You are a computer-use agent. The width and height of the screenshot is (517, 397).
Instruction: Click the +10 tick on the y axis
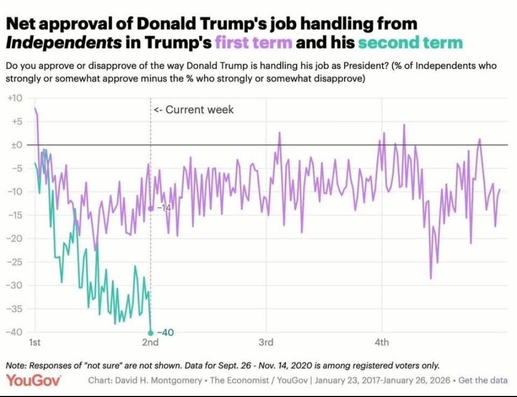(x=14, y=98)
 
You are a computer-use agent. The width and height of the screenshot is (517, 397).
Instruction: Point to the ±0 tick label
(x=15, y=145)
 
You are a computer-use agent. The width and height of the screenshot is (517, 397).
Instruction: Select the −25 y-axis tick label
(x=14, y=262)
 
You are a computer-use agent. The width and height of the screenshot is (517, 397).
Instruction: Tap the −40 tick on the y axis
(x=14, y=332)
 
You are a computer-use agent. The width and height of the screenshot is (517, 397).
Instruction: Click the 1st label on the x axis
(x=34, y=343)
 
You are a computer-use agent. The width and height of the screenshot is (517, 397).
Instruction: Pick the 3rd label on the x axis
(x=266, y=343)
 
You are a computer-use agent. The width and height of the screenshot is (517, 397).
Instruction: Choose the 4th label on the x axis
(x=382, y=343)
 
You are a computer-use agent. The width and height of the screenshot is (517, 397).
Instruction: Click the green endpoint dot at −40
(x=150, y=333)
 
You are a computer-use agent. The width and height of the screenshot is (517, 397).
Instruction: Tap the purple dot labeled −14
(x=150, y=208)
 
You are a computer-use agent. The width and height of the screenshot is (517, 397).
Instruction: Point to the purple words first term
(x=254, y=42)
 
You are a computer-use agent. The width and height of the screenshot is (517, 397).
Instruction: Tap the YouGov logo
(x=33, y=380)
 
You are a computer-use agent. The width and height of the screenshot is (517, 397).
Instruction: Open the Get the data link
(x=483, y=380)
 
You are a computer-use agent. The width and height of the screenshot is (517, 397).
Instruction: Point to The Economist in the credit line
(x=236, y=380)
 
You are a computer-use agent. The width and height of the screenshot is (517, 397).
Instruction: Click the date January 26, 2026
(x=420, y=380)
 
